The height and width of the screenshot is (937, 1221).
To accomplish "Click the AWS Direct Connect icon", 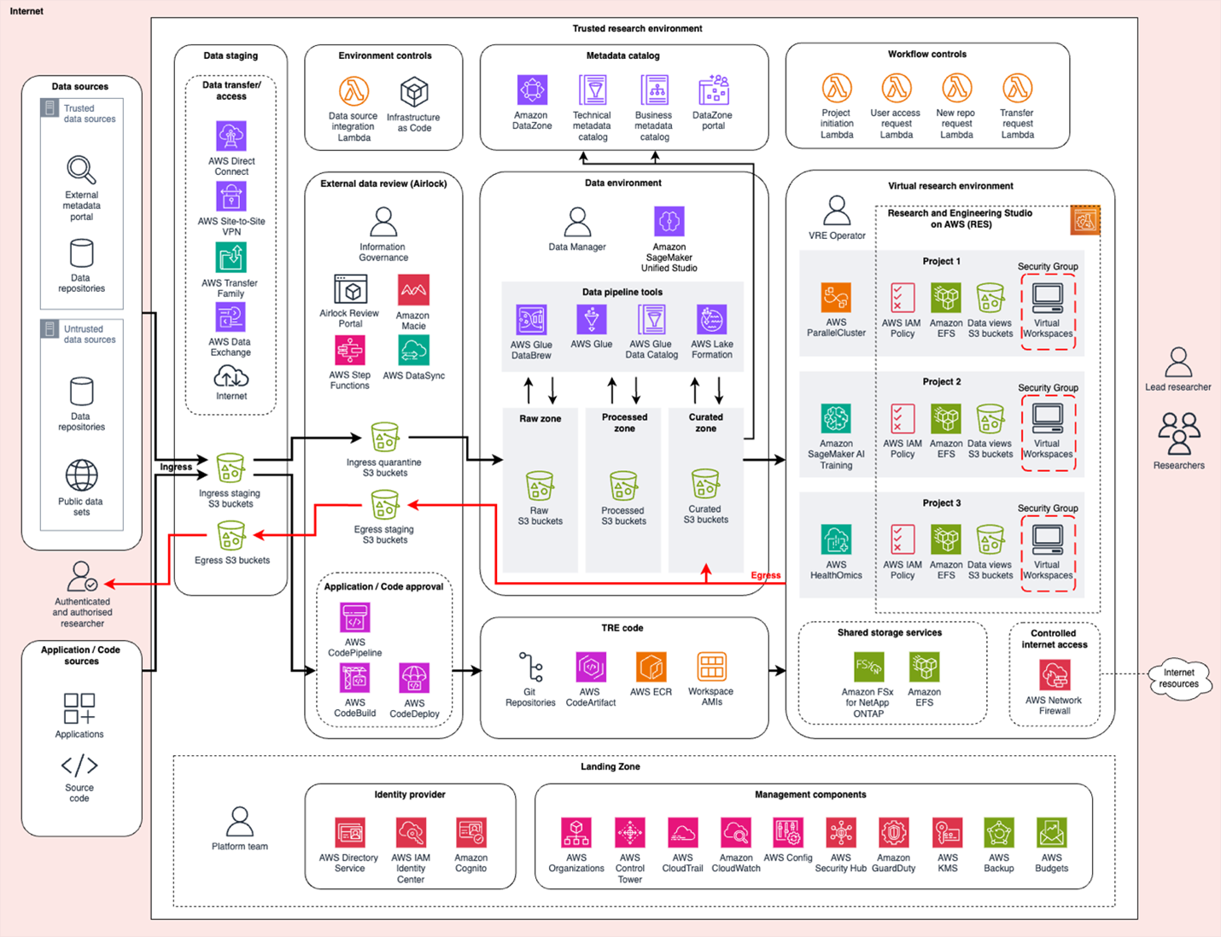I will [231, 137].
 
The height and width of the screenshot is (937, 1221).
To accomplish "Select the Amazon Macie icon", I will [413, 290].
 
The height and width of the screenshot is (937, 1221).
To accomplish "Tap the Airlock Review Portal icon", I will [350, 290].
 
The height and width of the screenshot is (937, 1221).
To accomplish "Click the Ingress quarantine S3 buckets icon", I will [384, 438].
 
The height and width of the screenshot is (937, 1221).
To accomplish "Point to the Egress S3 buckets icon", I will [231, 537].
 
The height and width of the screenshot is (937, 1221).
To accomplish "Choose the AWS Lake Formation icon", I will [711, 320].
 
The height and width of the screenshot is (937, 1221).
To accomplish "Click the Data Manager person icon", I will [577, 223].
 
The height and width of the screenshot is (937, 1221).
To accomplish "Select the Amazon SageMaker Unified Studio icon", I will [669, 222].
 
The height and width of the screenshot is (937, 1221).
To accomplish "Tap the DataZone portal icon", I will [713, 90].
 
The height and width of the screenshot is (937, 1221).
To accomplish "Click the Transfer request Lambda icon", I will [1017, 88].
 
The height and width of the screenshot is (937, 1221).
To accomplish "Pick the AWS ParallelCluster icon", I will [836, 298].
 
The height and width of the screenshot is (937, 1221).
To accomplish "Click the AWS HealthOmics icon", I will [836, 540].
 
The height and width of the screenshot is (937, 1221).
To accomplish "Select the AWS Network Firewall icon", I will [1054, 676].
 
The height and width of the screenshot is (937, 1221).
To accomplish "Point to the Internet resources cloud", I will [1179, 678].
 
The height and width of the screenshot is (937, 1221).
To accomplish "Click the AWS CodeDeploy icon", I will [414, 679].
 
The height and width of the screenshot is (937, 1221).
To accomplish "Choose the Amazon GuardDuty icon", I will [894, 833].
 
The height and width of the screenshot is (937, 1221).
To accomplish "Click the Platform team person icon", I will [240, 822].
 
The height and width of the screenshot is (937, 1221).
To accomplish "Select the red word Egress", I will [765, 575].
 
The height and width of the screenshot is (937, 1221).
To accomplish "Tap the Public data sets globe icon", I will [81, 476].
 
